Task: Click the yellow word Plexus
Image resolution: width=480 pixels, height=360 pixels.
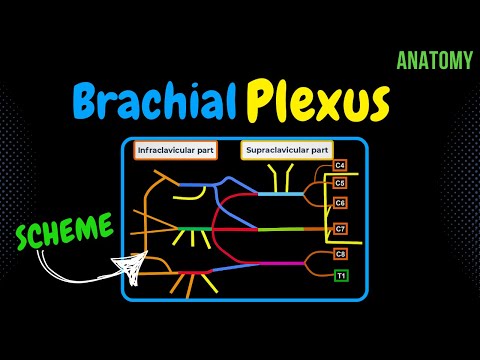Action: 319,102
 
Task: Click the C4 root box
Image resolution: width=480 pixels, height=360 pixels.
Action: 340,164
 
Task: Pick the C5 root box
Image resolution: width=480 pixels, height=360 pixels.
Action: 340,183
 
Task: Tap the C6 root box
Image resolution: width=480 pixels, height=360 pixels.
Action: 340,203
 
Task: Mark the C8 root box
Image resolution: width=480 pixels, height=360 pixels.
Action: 340,255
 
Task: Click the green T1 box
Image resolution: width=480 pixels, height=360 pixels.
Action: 340,275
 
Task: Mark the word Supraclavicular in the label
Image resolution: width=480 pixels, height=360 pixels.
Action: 272,151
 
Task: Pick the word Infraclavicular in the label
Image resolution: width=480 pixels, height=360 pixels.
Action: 166,151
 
